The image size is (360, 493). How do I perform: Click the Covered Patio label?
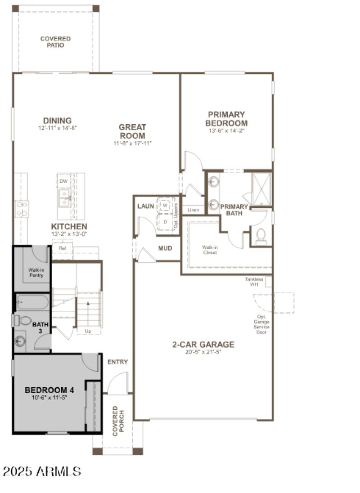pyautogui.click(x=55, y=42)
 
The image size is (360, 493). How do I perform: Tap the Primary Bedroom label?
pyautogui.click(x=226, y=119)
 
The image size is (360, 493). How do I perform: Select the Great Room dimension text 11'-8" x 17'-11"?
pyautogui.click(x=132, y=143)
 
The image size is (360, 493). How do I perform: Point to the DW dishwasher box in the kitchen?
pyautogui.click(x=63, y=181)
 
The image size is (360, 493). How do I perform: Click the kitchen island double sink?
pyautogui.click(x=64, y=198)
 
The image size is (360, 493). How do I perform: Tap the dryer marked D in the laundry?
pyautogui.click(x=165, y=222)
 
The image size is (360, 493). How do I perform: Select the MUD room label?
pyautogui.click(x=166, y=248)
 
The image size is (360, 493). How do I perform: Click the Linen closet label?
pyautogui.click(x=193, y=210)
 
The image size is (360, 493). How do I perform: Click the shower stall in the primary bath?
pyautogui.click(x=261, y=189)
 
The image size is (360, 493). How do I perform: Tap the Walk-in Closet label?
pyautogui.click(x=209, y=250)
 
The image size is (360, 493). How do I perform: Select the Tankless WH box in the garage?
pyautogui.click(x=268, y=282)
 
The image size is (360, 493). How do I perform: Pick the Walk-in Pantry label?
pyautogui.click(x=36, y=272)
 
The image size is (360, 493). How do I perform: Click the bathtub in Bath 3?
pyautogui.click(x=32, y=302)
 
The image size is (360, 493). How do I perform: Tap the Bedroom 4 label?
pyautogui.click(x=49, y=390)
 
